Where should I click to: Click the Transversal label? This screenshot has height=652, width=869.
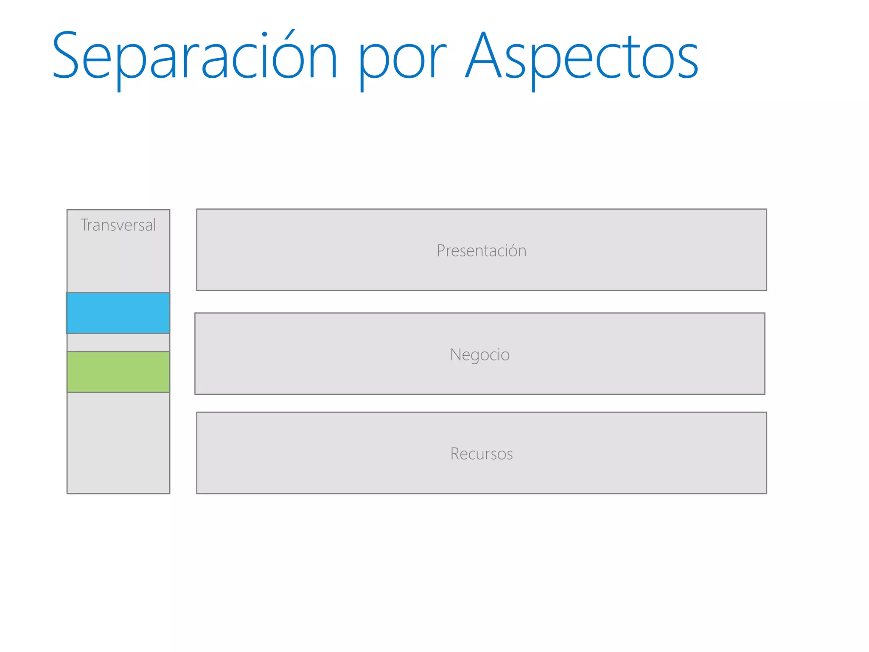point(118,225)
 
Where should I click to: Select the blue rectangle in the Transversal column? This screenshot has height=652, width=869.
point(118,313)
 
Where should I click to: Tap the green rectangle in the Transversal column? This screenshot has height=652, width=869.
point(118,372)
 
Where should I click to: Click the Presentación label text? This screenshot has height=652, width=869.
point(481,251)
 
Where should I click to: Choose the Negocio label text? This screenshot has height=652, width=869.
point(479,354)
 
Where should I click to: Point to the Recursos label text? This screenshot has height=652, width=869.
point(481,454)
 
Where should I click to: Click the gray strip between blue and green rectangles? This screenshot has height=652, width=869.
point(118,343)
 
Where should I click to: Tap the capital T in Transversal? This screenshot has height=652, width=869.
point(85,225)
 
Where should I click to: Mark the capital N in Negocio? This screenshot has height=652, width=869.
point(455,354)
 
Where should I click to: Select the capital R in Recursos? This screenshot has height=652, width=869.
point(455,454)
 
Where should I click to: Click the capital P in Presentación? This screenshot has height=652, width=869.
point(440,251)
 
